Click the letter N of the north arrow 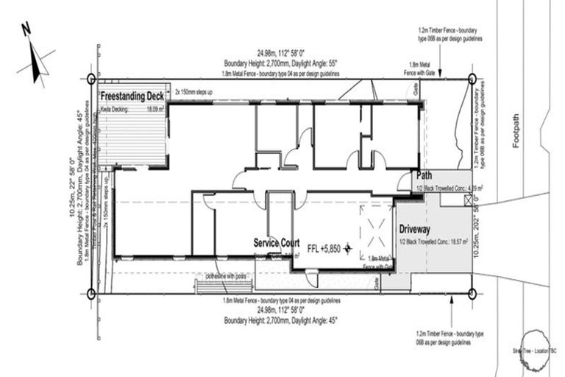(26, 29)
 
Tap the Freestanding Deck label (132, 96)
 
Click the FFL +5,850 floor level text (324, 248)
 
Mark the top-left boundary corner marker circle (91, 78)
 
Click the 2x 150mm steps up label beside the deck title (193, 94)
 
